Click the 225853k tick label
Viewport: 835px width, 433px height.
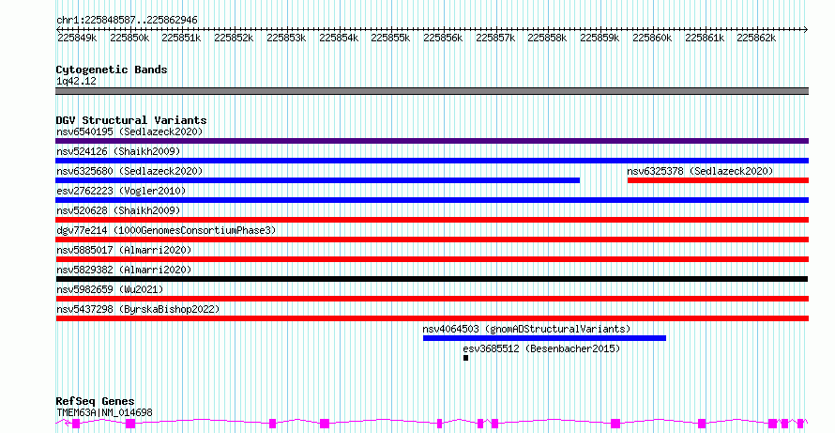coord(286,38)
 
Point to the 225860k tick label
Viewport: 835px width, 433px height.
coord(652,38)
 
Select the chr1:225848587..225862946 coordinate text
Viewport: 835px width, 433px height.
coord(127,21)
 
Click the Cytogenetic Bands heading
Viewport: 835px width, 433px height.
coord(112,70)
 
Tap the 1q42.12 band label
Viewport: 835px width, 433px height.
coord(76,82)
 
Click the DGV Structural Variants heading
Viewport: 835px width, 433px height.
coord(131,120)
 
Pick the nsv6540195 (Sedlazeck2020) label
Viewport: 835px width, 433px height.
coord(129,131)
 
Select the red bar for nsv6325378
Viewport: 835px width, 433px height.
coord(718,180)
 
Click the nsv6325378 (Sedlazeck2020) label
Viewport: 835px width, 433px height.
coord(700,171)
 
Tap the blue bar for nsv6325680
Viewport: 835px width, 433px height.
coord(317,180)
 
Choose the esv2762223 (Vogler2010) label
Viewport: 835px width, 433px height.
coord(121,191)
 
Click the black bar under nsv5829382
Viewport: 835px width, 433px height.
coord(432,279)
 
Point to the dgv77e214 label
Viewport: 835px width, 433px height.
coord(82,230)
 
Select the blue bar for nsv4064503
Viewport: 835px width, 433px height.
coord(544,338)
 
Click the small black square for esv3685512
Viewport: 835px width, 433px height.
coord(466,358)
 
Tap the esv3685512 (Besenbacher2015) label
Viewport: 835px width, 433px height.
coord(541,348)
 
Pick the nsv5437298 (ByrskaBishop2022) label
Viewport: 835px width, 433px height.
coord(138,309)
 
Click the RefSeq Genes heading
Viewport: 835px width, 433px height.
coord(95,401)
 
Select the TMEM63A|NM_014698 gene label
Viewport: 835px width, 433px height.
coord(104,412)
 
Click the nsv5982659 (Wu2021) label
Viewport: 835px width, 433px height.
coord(110,289)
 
